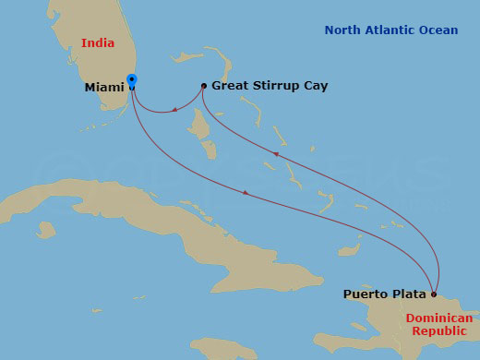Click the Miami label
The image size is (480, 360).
104,88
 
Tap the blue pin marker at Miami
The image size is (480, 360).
132,82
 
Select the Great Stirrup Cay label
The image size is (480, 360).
270,86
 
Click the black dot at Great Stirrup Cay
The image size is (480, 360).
204,86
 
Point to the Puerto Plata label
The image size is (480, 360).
385,294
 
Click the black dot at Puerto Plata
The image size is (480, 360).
434,294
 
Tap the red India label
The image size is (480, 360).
98,43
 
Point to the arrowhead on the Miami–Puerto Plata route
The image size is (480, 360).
245,192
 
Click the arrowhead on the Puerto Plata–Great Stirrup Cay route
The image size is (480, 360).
274,153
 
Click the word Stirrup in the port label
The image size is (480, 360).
275,86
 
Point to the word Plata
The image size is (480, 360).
409,294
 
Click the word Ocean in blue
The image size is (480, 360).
437,30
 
